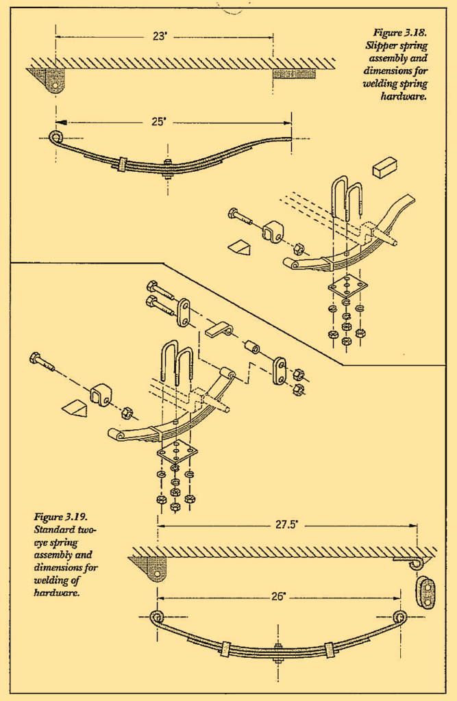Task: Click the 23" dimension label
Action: pos(160,37)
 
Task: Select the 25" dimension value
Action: pos(159,122)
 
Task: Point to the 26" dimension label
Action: pos(277,596)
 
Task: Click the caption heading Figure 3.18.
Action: pos(399,32)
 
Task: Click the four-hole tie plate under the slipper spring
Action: pos(347,287)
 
